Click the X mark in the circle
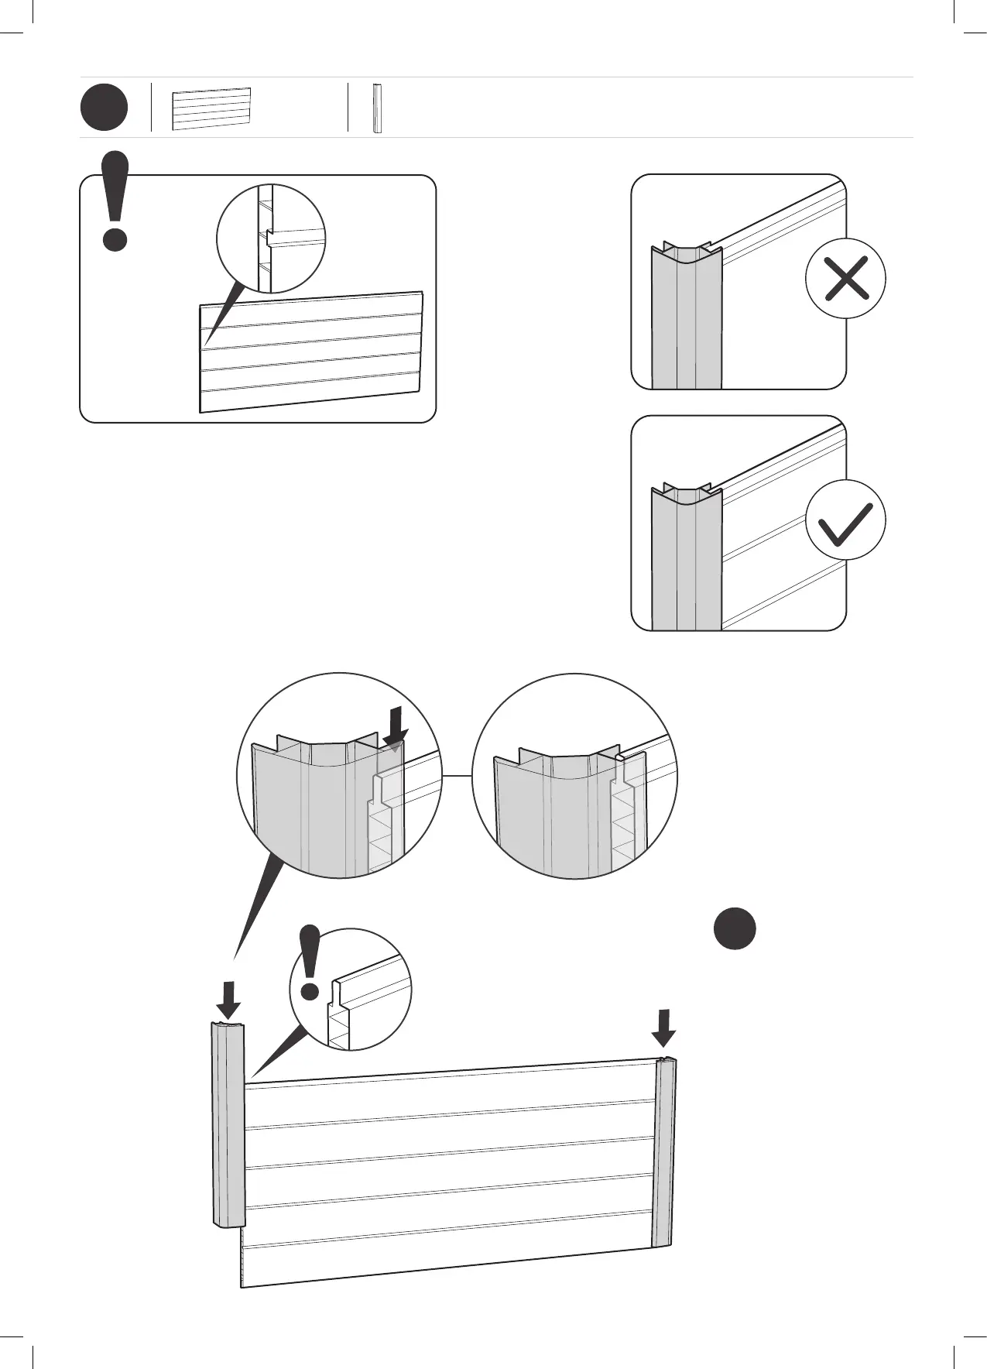pos(845,278)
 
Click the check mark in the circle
pos(845,520)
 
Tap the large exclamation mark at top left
pos(115,201)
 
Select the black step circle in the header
pos(104,108)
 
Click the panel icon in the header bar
pos(211,108)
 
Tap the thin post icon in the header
pos(377,108)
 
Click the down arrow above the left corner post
pos(228,1000)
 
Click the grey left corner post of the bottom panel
pos(228,1123)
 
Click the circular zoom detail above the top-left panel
pos(271,238)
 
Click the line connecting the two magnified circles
pos(457,775)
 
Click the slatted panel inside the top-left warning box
pos(310,352)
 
